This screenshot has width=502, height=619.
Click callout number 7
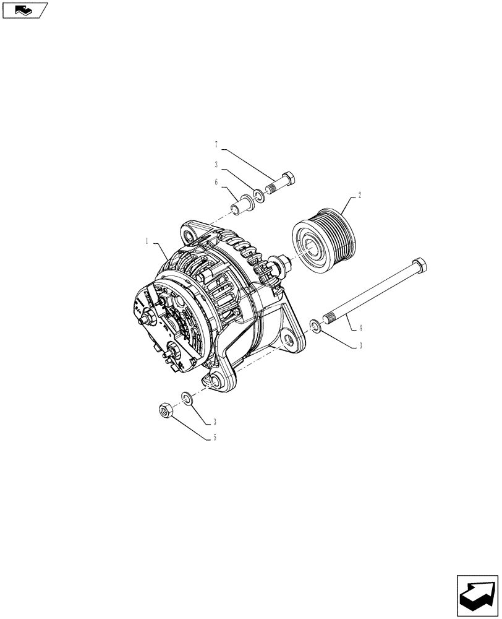[216, 145]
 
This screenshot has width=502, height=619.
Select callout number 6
[216, 183]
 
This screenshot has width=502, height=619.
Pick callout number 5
[215, 437]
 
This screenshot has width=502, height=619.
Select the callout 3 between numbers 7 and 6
[216, 165]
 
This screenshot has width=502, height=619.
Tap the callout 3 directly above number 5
[215, 422]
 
